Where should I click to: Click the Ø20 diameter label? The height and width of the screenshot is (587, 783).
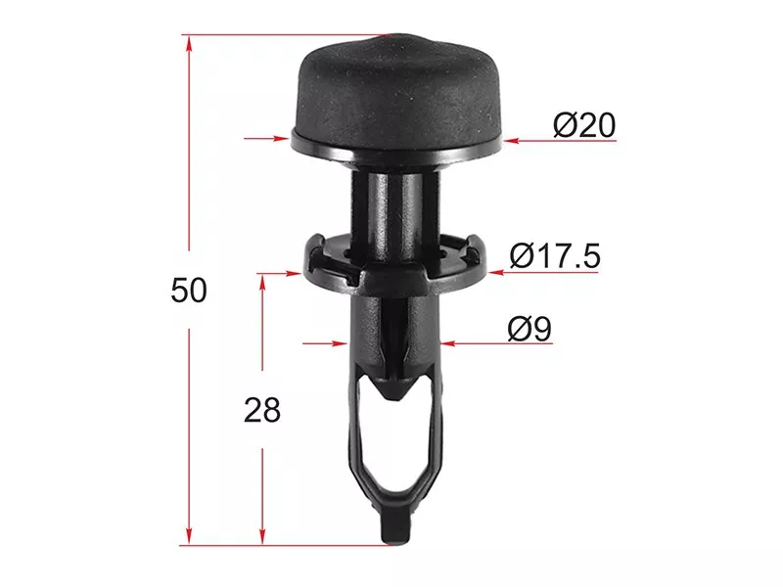click(x=584, y=125)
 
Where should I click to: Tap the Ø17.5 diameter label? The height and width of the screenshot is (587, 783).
click(x=555, y=256)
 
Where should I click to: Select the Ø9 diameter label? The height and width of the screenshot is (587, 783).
click(x=530, y=329)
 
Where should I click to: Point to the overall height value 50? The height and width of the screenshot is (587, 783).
click(x=189, y=290)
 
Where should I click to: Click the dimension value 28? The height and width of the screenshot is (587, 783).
click(x=262, y=411)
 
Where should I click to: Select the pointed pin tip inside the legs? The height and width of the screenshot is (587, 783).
click(x=394, y=385)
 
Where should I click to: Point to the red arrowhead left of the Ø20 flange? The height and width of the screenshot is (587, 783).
click(x=282, y=138)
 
